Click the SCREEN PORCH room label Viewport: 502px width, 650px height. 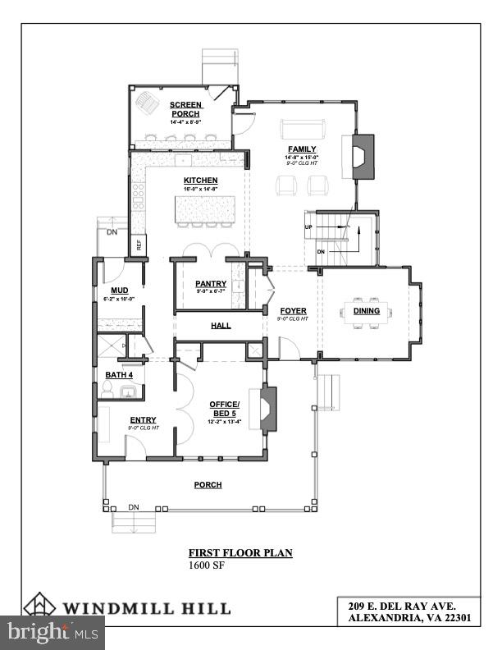coord(186,109)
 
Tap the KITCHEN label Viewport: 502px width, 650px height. coord(200,181)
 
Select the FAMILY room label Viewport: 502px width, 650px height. coord(301,149)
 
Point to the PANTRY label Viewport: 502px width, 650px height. coord(210,284)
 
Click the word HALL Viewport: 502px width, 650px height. coord(221,326)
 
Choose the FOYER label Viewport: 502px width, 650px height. coord(293,311)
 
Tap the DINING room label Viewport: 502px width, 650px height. coord(367,311)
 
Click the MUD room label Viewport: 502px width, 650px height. coord(120,291)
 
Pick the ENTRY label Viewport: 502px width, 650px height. coord(143,420)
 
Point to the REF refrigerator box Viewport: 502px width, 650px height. coord(139,244)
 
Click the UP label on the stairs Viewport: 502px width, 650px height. coord(308,227)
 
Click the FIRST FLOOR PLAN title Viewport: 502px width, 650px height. coord(240,553)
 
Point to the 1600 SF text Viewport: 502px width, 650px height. coord(207,565)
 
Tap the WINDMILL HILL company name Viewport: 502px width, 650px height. coord(148,608)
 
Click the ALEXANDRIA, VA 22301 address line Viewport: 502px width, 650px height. coord(408,618)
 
